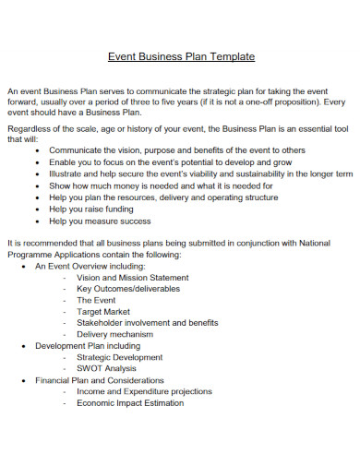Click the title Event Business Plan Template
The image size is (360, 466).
(181, 56)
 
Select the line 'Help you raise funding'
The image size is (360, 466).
(91, 209)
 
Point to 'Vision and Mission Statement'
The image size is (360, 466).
(133, 277)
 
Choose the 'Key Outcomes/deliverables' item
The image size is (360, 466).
(128, 289)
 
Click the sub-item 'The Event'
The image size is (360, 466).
(96, 300)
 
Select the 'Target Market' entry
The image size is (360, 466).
(104, 312)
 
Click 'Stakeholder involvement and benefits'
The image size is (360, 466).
(148, 323)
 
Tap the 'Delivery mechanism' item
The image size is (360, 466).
(116, 334)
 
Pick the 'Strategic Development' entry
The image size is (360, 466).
(120, 357)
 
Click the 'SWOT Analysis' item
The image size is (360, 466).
(107, 368)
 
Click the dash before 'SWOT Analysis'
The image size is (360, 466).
(65, 368)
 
